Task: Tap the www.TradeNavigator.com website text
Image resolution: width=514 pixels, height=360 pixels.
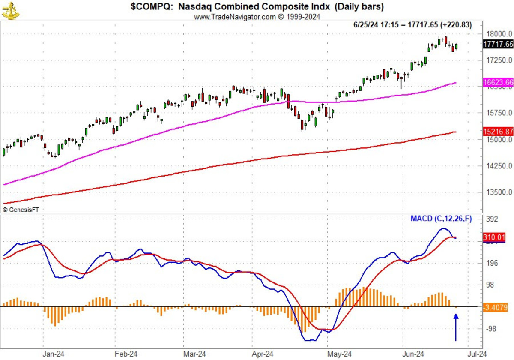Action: pyautogui.click(x=257, y=17)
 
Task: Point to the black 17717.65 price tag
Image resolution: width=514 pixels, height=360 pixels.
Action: pyautogui.click(x=498, y=44)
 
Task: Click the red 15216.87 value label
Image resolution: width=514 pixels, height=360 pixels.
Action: pyautogui.click(x=498, y=132)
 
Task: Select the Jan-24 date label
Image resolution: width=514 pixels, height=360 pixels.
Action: pyautogui.click(x=54, y=354)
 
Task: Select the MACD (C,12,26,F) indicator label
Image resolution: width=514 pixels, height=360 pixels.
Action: pyautogui.click(x=441, y=219)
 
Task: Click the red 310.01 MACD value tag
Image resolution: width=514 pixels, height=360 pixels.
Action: pyautogui.click(x=494, y=237)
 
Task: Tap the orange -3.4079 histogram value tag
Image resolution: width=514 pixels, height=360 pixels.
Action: pyautogui.click(x=497, y=307)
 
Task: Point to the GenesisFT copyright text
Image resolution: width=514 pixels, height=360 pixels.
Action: pyautogui.click(x=20, y=210)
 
